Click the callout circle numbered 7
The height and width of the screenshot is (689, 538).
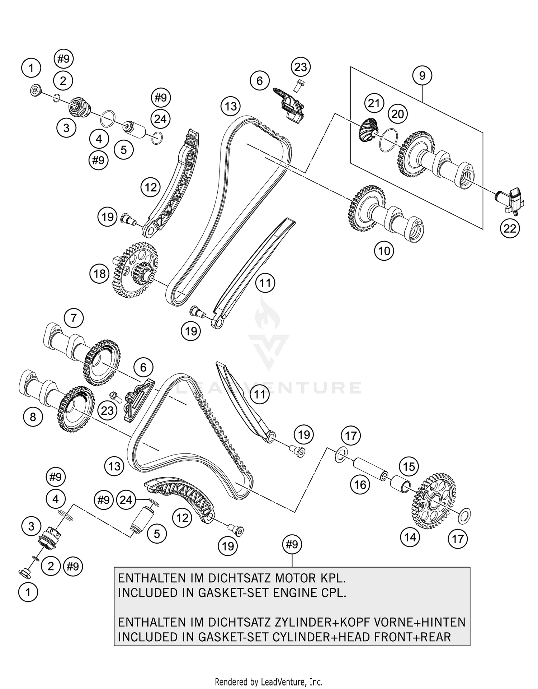74,318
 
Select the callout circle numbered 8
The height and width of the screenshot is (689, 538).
33,417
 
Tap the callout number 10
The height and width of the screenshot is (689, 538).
384,251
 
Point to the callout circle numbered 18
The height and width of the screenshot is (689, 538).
99,274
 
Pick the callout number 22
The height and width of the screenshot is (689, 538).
510,228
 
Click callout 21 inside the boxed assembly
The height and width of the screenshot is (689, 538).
374,103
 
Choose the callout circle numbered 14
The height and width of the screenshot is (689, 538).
410,537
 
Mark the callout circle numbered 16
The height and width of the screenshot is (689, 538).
360,485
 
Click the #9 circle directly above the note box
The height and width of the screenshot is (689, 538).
292,545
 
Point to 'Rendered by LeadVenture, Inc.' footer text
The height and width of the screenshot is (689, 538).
269,681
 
